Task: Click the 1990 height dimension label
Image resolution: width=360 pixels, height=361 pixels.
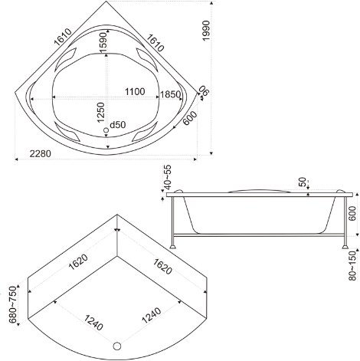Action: [x=206, y=30]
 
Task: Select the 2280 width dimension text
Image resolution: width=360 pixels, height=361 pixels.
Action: [x=41, y=154]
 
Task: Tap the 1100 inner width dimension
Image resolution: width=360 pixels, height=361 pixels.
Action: [x=135, y=91]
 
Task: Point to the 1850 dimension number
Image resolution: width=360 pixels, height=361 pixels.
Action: [x=170, y=94]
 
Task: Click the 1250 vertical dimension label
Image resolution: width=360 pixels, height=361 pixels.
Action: [x=101, y=113]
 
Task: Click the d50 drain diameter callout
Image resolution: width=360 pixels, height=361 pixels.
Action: [x=118, y=125]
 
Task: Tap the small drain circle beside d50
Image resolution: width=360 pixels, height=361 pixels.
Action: [x=106, y=130]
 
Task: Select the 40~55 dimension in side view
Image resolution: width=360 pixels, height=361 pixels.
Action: [x=168, y=177]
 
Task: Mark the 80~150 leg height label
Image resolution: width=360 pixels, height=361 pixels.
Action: [x=352, y=266]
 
